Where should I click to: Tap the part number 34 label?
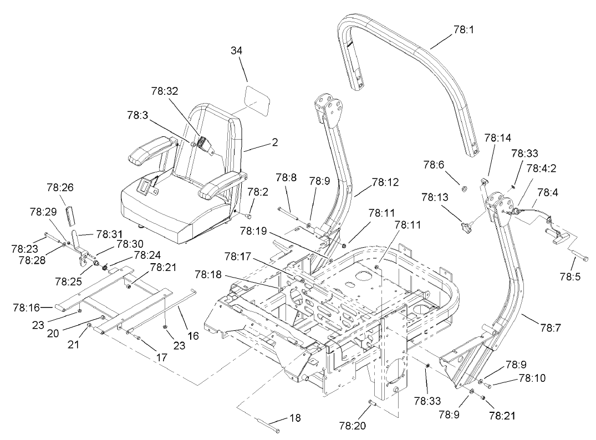(237, 50)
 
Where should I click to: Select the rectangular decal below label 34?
(256, 99)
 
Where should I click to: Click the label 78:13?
(435, 197)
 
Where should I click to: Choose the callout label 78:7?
(551, 328)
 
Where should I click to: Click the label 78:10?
(532, 378)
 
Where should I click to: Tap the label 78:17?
(240, 256)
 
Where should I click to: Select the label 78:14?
(498, 136)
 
